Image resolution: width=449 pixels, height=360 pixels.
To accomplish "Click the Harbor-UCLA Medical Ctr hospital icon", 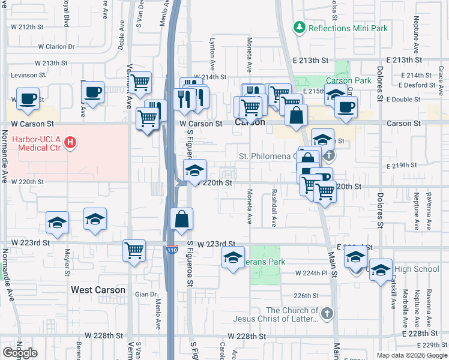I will [71, 143].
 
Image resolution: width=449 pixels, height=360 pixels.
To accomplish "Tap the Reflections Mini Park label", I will [348, 28].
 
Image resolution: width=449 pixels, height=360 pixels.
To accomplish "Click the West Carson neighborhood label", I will [98, 290].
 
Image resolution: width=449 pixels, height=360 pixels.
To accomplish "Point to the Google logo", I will [20, 353].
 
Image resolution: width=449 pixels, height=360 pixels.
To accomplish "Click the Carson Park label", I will [348, 81].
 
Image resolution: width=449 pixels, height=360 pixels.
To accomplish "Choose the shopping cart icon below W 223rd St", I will [134, 250].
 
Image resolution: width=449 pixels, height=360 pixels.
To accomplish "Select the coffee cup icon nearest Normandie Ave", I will [27, 98].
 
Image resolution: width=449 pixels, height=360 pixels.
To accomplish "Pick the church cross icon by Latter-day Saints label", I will [327, 313].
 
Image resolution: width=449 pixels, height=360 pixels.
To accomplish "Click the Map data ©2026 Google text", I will [411, 355].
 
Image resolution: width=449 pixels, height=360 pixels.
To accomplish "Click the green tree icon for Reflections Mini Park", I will [298, 28].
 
